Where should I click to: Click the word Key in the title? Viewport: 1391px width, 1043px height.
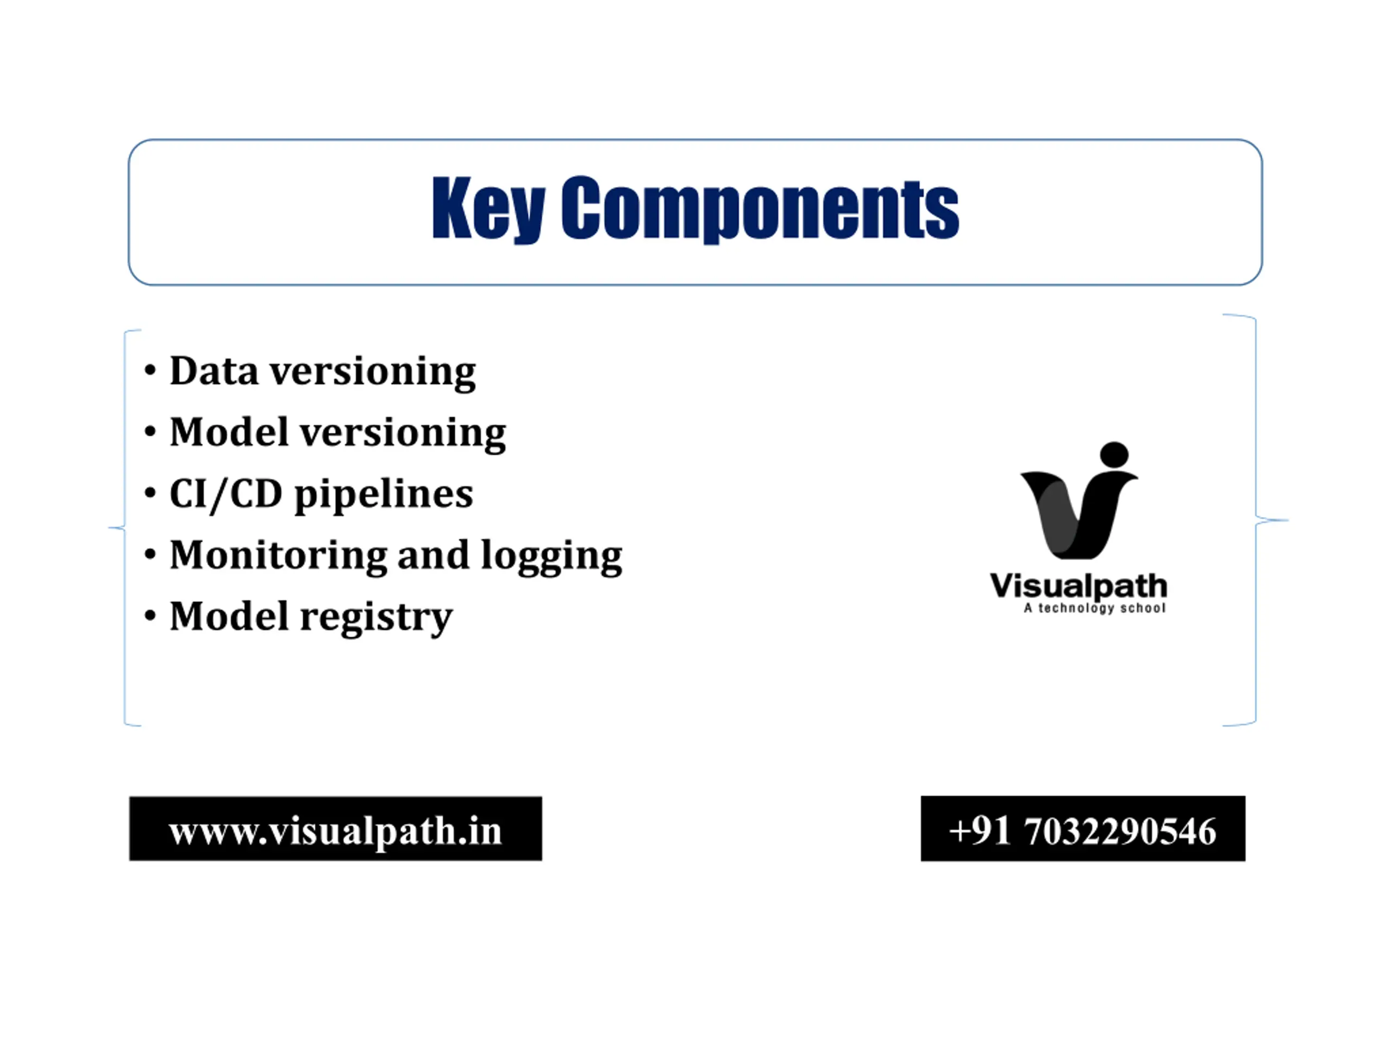click(x=488, y=209)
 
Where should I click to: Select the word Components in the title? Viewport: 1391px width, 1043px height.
click(x=760, y=209)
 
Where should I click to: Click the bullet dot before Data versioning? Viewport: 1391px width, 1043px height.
click(x=149, y=370)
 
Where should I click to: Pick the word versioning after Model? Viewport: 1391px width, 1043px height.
click(x=403, y=433)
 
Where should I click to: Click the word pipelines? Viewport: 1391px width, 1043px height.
click(x=384, y=495)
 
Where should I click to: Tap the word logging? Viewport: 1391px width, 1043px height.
click(x=552, y=556)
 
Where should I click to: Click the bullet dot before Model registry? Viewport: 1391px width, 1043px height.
click(x=149, y=615)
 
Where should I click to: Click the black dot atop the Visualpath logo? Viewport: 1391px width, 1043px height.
click(x=1114, y=455)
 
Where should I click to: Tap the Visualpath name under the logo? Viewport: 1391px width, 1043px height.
click(x=1079, y=586)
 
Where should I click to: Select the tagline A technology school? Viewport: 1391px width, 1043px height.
click(x=1095, y=608)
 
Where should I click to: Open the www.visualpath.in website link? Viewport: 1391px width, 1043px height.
click(x=335, y=831)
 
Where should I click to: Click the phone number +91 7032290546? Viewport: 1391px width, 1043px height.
click(x=1082, y=831)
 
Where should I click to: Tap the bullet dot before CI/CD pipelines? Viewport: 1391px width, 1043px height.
click(x=149, y=493)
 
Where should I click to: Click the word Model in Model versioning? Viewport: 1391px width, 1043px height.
click(x=229, y=432)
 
